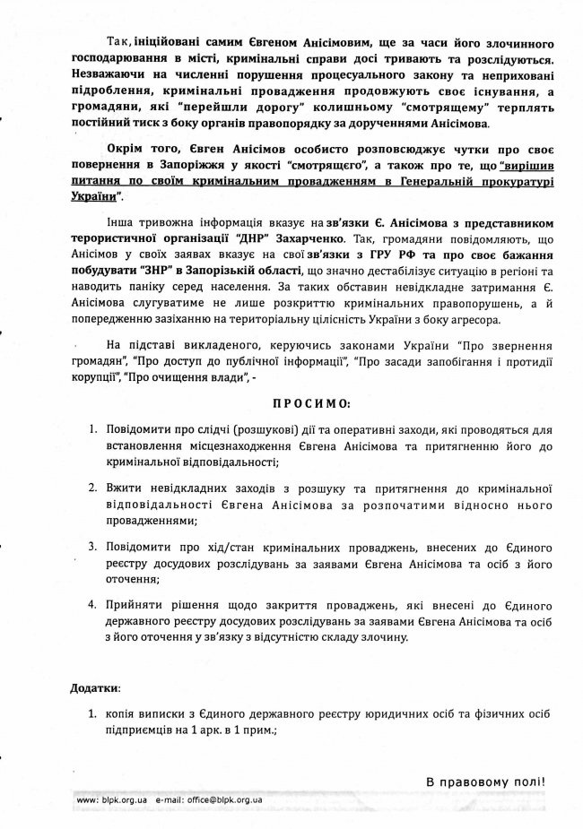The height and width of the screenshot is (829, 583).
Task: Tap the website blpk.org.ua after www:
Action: pos(123,798)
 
